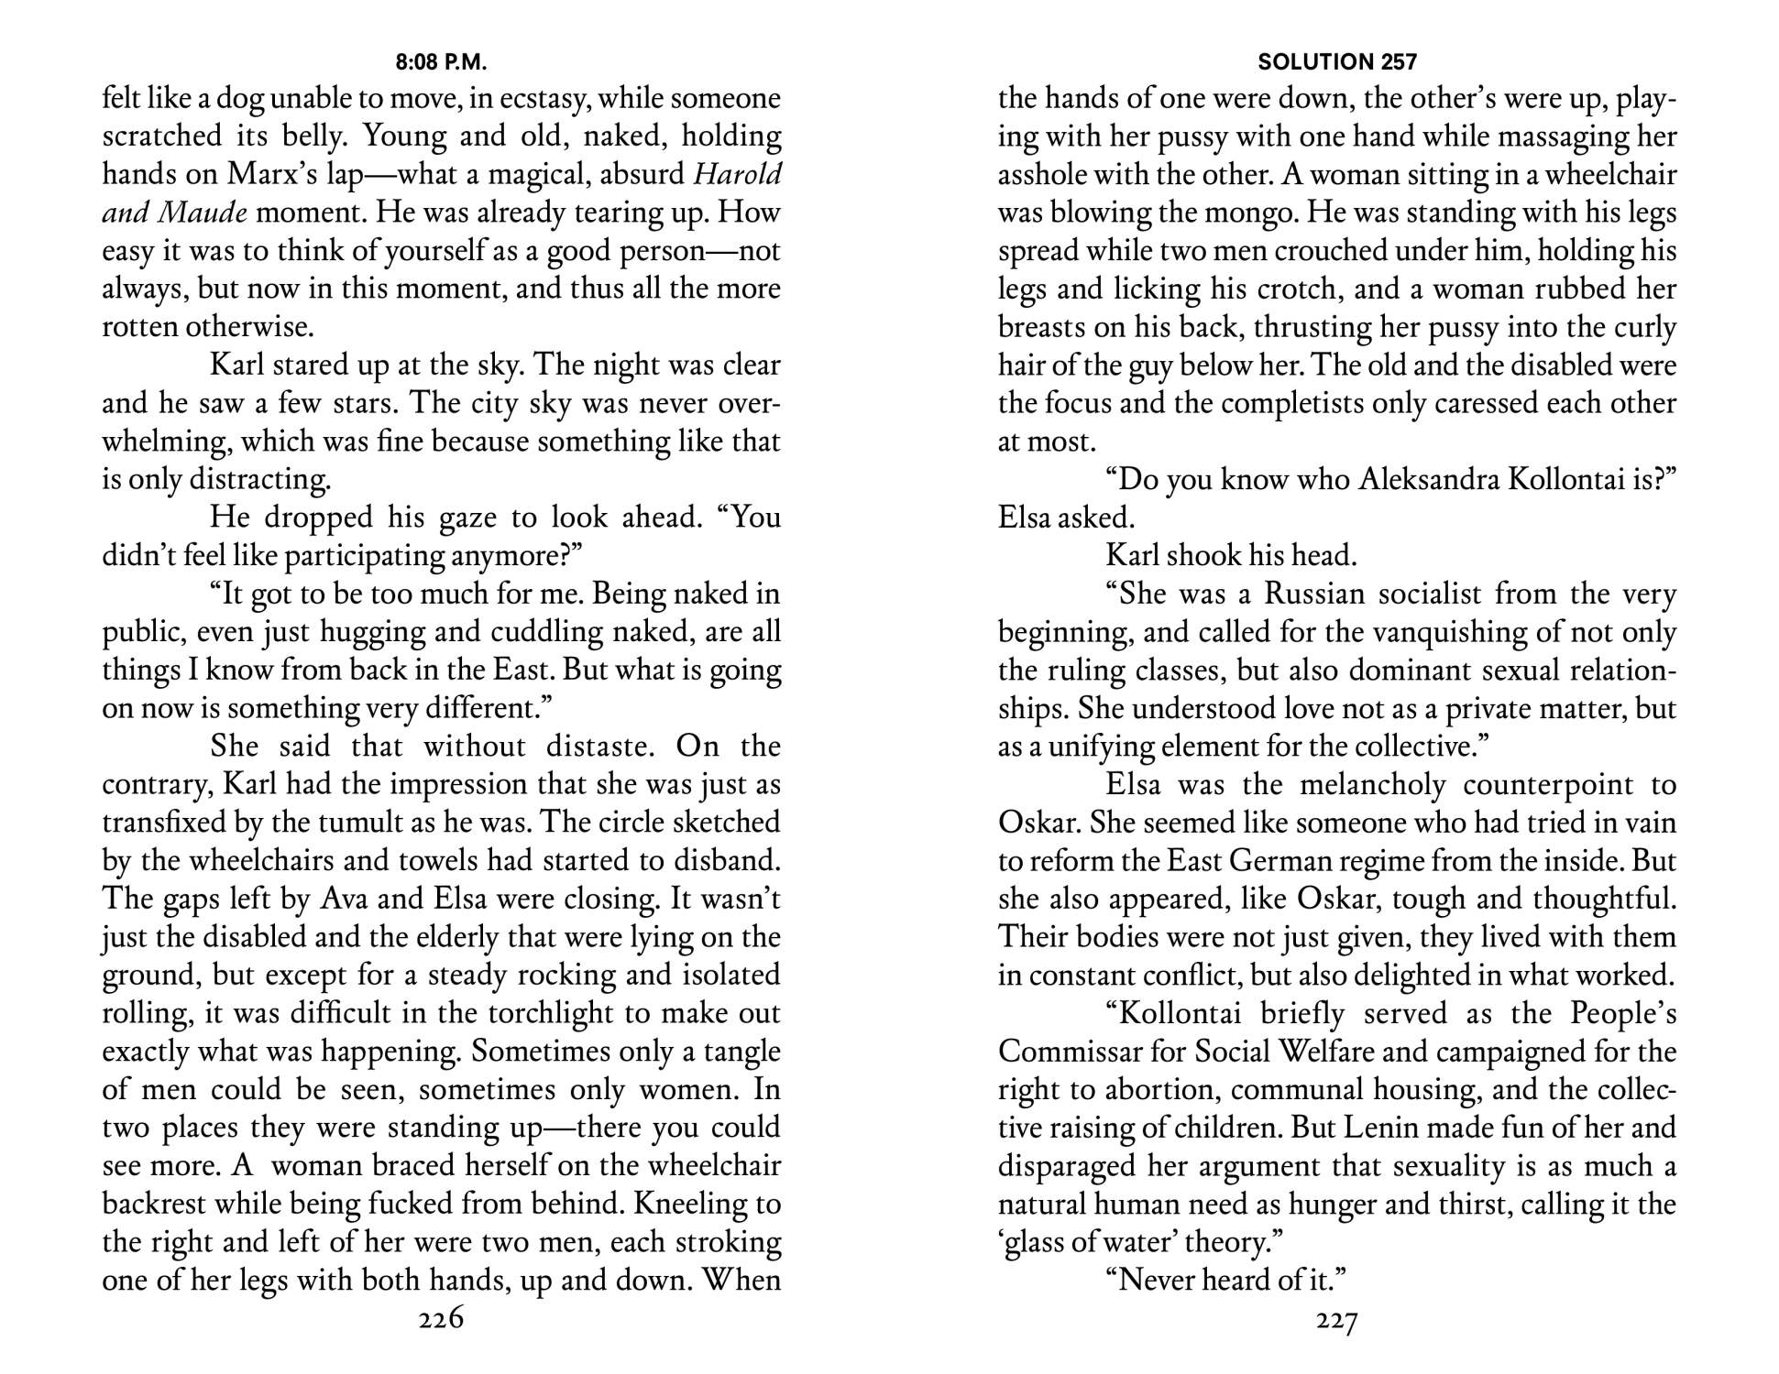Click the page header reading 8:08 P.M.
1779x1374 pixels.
pyautogui.click(x=441, y=62)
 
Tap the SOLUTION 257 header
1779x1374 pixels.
pyautogui.click(x=1337, y=62)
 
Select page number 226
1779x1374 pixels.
pyautogui.click(x=441, y=1319)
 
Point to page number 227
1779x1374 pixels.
pyautogui.click(x=1337, y=1320)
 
